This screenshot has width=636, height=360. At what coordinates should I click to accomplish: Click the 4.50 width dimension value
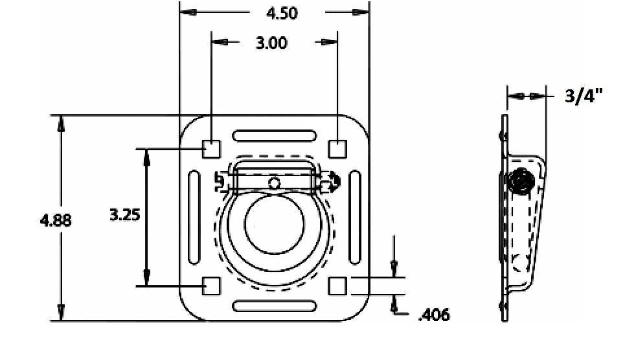click(x=283, y=13)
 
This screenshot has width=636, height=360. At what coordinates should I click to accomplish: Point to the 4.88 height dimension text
click(x=56, y=220)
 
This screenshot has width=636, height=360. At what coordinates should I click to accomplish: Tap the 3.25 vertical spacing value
click(x=125, y=215)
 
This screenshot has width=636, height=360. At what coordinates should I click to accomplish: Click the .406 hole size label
click(x=434, y=315)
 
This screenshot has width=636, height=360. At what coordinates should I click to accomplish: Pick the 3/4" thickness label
click(x=584, y=96)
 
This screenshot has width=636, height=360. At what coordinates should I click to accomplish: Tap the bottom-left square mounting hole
click(x=211, y=286)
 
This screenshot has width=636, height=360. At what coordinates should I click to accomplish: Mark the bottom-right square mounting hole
click(x=337, y=286)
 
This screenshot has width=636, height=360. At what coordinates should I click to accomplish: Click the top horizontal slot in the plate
click(x=275, y=136)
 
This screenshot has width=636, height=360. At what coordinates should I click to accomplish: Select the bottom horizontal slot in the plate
click(x=275, y=306)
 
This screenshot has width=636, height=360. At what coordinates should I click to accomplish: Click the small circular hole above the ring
click(x=275, y=183)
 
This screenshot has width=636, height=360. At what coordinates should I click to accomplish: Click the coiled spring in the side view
click(x=521, y=183)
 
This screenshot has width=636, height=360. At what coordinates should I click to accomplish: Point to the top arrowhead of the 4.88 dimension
click(x=61, y=123)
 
